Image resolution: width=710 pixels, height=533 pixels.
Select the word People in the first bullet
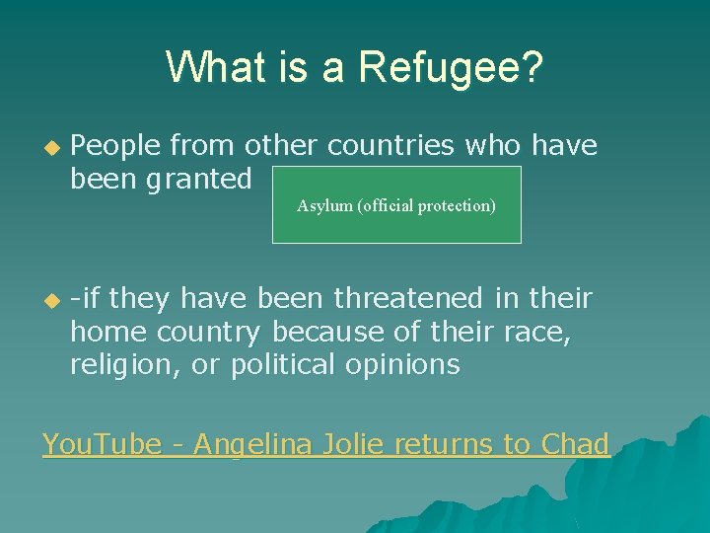click(x=116, y=146)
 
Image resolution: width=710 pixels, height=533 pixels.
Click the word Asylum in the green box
click(x=324, y=205)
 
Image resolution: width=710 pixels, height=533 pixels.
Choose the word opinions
click(x=403, y=364)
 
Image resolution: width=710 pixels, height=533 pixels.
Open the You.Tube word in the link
click(x=101, y=444)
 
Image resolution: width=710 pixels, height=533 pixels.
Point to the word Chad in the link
click(x=575, y=444)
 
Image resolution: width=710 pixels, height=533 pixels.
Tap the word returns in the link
click(x=445, y=444)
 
